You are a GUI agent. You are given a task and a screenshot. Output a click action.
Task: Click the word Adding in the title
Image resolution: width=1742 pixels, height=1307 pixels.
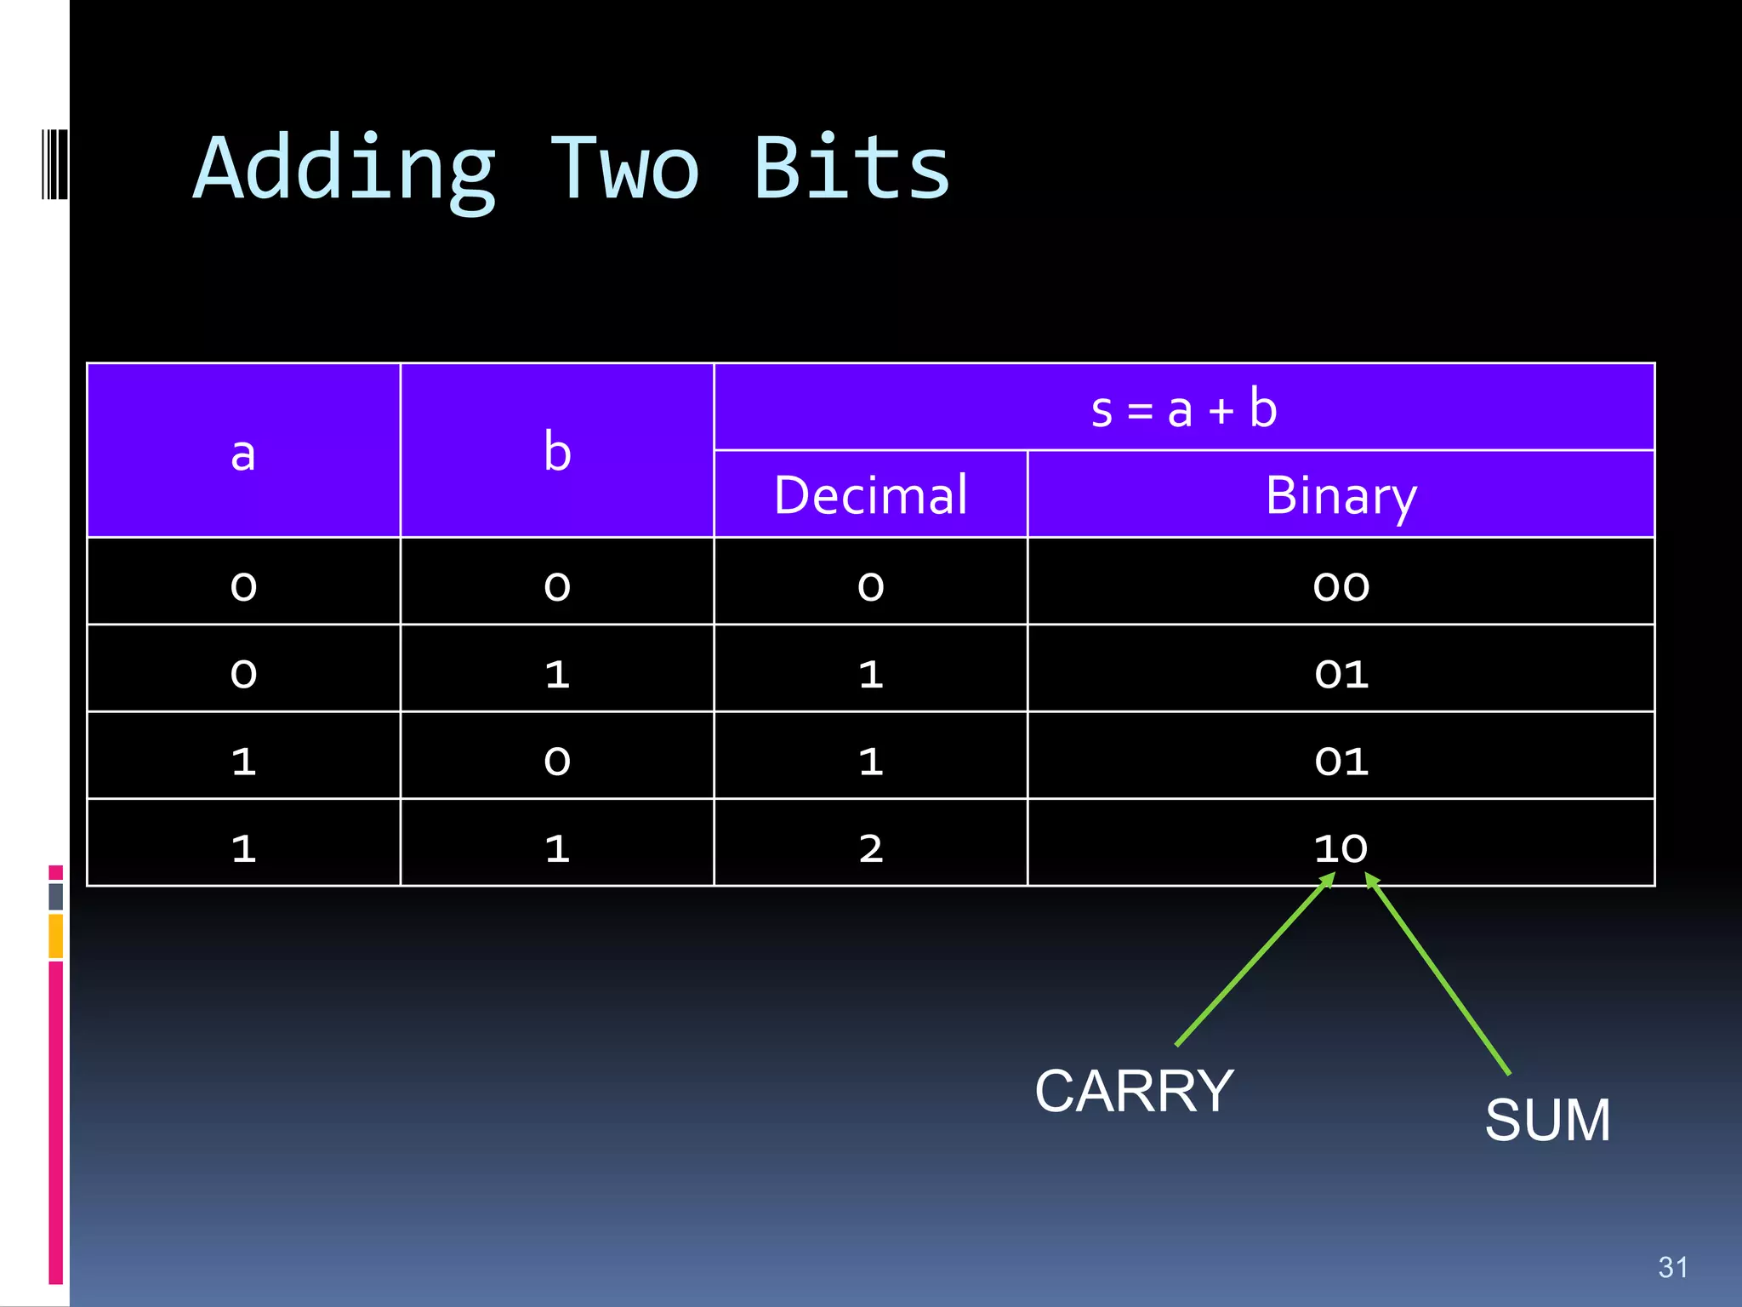point(344,170)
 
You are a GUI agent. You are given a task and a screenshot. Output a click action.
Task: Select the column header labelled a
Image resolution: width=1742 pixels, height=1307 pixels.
point(243,452)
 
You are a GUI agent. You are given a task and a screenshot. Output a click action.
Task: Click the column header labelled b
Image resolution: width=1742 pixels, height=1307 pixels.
point(557,452)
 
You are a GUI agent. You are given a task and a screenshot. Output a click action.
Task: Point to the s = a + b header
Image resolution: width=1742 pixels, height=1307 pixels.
point(1184,408)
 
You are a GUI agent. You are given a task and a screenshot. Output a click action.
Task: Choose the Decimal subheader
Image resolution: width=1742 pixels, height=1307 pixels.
point(870,495)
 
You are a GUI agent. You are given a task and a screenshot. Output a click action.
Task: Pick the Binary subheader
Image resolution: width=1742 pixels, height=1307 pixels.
point(1341,495)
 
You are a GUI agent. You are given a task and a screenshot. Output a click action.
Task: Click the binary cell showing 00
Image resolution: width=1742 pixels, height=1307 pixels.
point(1341,586)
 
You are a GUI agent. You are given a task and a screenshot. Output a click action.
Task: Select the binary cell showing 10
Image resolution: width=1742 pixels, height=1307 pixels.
point(1341,848)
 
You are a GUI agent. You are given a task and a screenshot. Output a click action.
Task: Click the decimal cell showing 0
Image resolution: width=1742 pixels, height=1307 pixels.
point(870,586)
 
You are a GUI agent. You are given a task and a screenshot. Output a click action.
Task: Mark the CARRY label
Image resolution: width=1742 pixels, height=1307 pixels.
point(1134,1091)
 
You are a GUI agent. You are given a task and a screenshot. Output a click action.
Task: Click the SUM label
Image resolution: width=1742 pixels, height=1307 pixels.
point(1547,1120)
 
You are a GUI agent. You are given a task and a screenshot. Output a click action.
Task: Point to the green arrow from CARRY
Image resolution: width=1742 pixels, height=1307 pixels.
point(1255,962)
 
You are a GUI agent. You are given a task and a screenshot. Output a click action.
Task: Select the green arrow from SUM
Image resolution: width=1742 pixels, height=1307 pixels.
point(1437,974)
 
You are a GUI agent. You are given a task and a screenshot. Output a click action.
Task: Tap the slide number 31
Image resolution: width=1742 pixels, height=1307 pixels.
point(1672,1267)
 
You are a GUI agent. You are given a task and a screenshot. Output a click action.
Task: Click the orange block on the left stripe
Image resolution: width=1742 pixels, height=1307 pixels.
point(56,936)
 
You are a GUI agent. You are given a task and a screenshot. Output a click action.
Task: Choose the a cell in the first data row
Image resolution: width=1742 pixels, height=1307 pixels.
point(243,586)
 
